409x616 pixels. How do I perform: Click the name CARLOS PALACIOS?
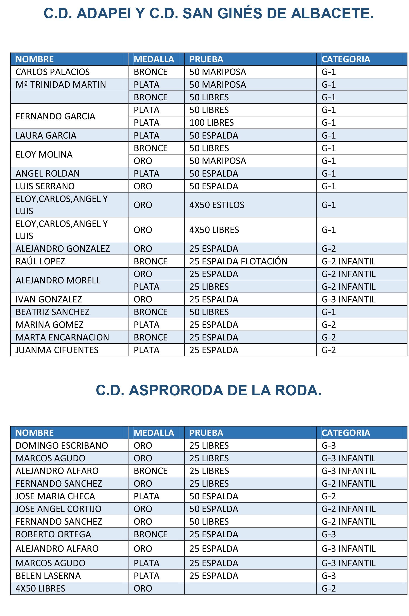pos(52,72)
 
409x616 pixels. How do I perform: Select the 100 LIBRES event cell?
pos(212,122)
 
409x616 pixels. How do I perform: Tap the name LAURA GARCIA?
pos(46,135)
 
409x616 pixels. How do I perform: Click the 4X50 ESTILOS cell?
pos(217,205)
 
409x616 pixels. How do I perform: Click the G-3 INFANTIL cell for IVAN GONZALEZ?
pos(349,299)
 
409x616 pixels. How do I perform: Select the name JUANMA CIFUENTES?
pos(57,350)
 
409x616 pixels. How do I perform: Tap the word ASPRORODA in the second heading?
pos(176,390)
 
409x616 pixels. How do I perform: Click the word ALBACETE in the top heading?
pos(332,13)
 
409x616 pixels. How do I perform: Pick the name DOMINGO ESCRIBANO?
pos(62,445)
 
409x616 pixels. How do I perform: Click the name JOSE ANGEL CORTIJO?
pos(59,509)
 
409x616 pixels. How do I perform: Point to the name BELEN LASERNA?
pos(48,576)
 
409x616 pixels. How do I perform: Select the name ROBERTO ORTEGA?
pos(53,534)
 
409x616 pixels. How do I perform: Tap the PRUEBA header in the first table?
pos(206,59)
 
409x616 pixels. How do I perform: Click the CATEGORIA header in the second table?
pos(346,433)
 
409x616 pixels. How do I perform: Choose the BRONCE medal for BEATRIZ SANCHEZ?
pos(150,312)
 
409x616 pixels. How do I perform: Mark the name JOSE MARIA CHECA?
pos(55,496)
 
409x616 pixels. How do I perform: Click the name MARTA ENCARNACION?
pos(62,337)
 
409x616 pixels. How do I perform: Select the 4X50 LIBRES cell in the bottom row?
pos(40,588)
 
